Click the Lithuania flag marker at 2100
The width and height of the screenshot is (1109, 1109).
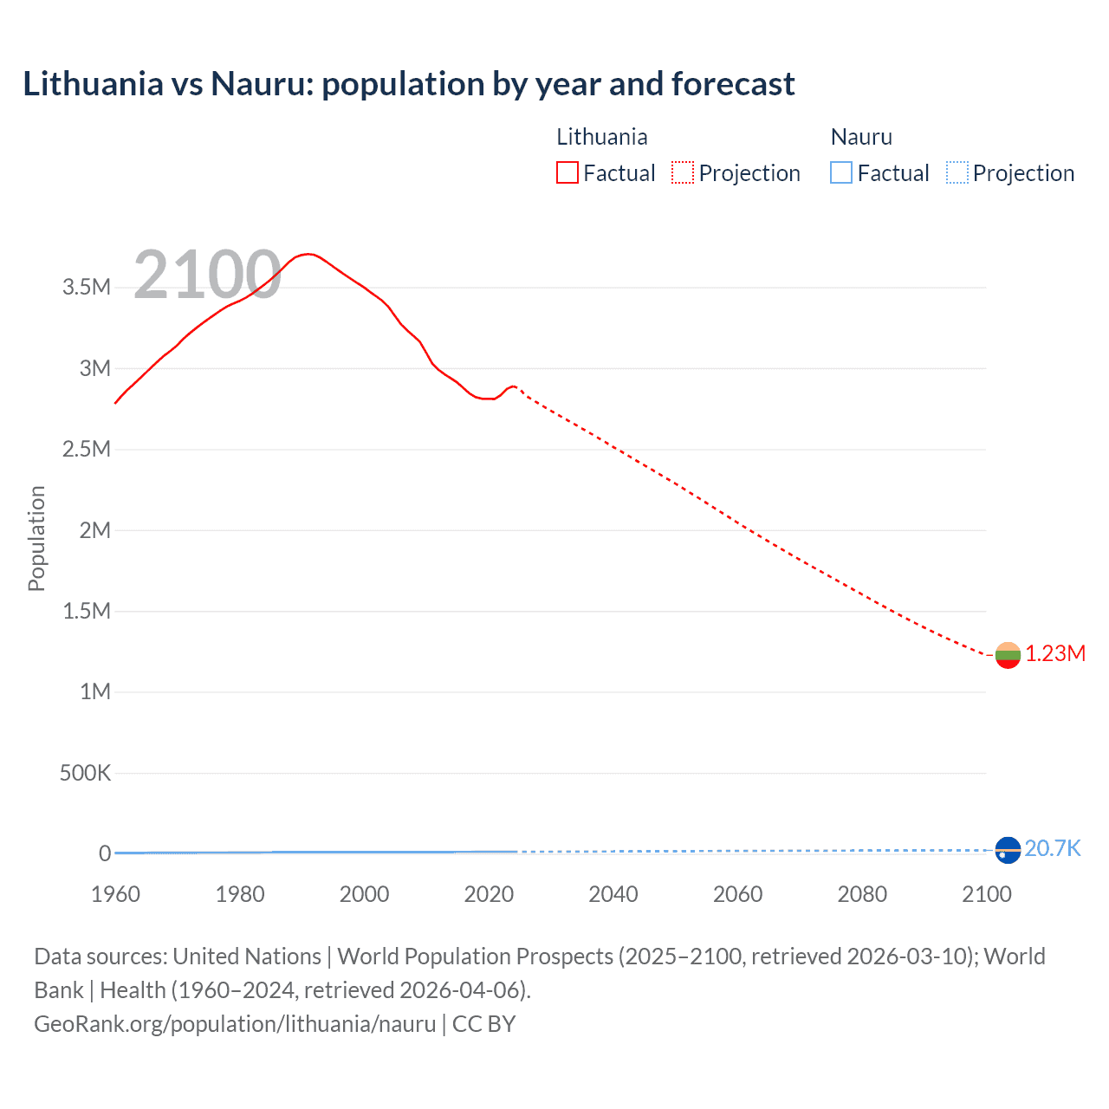pyautogui.click(x=1008, y=655)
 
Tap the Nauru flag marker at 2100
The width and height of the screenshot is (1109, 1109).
pyautogui.click(x=1008, y=850)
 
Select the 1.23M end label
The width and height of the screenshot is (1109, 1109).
pyautogui.click(x=1055, y=654)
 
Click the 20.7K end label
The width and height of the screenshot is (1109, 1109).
pyautogui.click(x=1053, y=848)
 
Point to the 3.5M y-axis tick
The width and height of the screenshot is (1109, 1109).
pyautogui.click(x=87, y=288)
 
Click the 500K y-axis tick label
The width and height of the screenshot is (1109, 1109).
pyautogui.click(x=85, y=773)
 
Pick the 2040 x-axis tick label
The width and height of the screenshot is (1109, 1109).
pyautogui.click(x=613, y=894)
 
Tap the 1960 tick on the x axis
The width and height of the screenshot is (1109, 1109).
pyautogui.click(x=115, y=894)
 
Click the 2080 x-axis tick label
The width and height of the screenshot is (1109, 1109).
pyautogui.click(x=862, y=894)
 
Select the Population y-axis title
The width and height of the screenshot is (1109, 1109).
pyautogui.click(x=36, y=538)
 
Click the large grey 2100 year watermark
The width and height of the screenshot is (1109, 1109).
pyautogui.click(x=207, y=276)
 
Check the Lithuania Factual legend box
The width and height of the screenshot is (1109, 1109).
pyautogui.click(x=567, y=172)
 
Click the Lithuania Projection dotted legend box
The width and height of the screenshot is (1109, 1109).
pyautogui.click(x=683, y=172)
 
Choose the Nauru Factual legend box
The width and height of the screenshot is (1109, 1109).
pyautogui.click(x=841, y=172)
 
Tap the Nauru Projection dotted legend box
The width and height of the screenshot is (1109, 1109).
pyautogui.click(x=957, y=172)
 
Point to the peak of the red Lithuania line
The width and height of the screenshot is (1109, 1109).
pyautogui.click(x=308, y=254)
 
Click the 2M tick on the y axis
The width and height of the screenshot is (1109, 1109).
pyautogui.click(x=94, y=530)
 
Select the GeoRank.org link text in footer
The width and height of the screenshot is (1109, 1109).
pyautogui.click(x=235, y=1024)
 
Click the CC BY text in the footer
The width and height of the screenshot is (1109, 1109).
pyautogui.click(x=483, y=1024)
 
